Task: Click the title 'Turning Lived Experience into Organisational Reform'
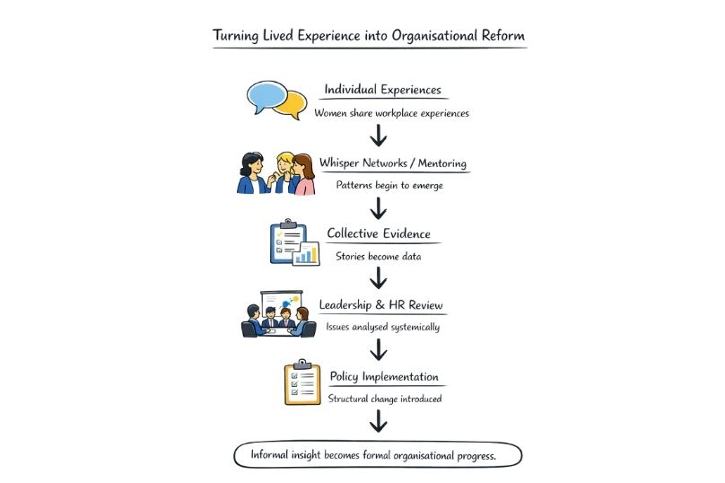(x=369, y=36)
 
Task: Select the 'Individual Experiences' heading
(x=381, y=91)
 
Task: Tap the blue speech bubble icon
(x=266, y=95)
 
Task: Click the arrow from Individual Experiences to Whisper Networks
(x=379, y=136)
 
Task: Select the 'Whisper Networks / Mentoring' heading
(x=393, y=164)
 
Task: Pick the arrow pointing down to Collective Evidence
(x=379, y=208)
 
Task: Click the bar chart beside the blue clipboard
(x=307, y=253)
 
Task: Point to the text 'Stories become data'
(x=378, y=256)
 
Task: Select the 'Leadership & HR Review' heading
(x=381, y=305)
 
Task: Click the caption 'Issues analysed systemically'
(x=382, y=328)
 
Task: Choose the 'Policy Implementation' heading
(x=384, y=376)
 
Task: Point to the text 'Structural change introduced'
(x=384, y=399)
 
